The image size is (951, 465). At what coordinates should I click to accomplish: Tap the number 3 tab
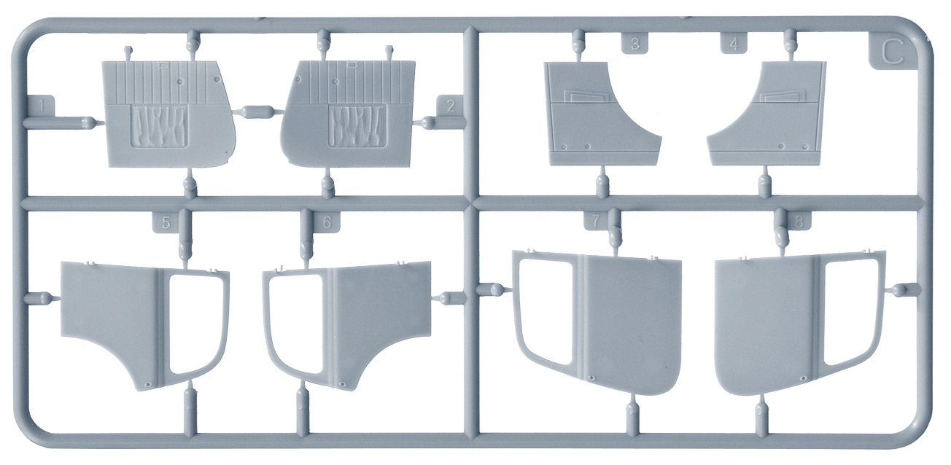(634, 44)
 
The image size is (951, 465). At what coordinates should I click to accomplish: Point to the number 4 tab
(735, 44)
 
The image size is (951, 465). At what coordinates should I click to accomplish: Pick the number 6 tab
(327, 222)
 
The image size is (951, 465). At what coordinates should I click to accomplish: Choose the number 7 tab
(596, 220)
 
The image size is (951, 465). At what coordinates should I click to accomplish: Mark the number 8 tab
(799, 221)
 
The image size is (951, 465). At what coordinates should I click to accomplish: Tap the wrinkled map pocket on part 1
(160, 126)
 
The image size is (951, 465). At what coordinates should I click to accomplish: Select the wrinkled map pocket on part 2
(357, 125)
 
